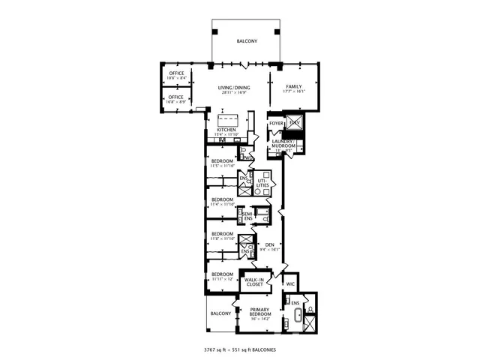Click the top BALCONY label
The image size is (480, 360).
click(247, 41)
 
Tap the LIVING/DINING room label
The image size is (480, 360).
click(234, 88)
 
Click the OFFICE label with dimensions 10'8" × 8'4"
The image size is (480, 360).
click(176, 73)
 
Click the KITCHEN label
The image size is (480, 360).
click(226, 130)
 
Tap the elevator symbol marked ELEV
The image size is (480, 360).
click(295, 121)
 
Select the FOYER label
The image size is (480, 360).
click(276, 122)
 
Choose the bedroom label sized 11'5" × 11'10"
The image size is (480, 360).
click(222, 161)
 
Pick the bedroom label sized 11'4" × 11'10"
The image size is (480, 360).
click(222, 199)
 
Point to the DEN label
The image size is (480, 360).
click(270, 245)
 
